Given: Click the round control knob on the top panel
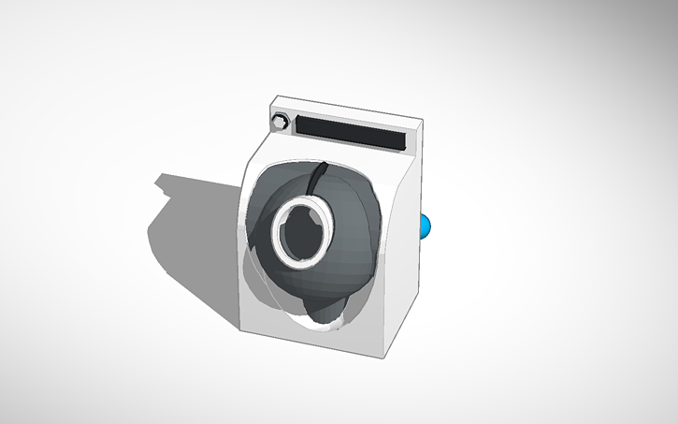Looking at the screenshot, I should click(x=280, y=122).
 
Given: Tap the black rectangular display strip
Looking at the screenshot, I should click(x=351, y=133).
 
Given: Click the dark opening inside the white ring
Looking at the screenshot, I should click(x=302, y=232).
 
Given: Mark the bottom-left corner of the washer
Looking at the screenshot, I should click(x=241, y=328).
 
